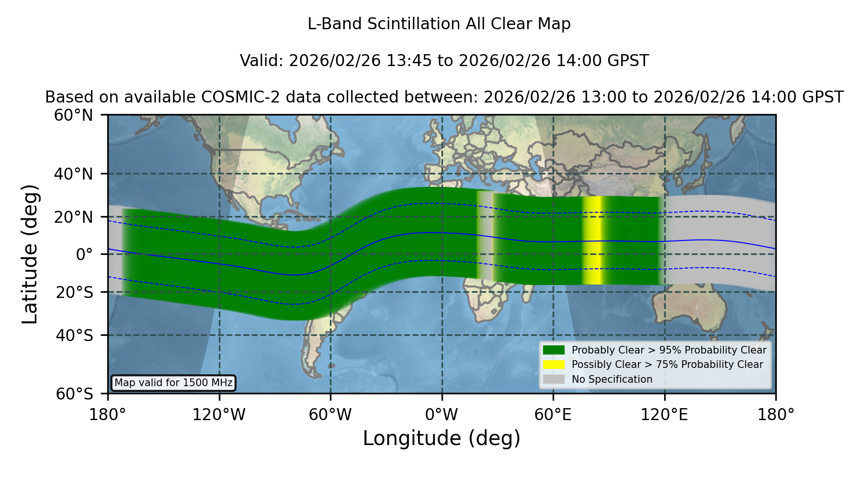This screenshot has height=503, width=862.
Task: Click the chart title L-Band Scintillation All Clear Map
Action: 439,24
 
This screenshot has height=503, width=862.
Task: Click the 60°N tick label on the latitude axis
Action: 74,115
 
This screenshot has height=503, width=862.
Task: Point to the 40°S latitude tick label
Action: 74,335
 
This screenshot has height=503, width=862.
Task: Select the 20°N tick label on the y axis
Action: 74,217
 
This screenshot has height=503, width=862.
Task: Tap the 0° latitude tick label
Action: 84,254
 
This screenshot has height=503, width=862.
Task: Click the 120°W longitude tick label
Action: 219,414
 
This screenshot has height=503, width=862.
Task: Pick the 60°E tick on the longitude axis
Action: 553,414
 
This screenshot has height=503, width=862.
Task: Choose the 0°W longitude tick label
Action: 442,414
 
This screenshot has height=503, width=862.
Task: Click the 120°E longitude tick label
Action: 664,414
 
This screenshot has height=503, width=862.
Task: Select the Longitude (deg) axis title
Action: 442,438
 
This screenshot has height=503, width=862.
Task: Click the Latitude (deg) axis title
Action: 30,254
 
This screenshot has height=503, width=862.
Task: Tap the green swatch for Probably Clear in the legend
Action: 554,350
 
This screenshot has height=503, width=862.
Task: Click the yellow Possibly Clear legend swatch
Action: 554,365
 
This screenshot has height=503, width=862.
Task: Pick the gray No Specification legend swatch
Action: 554,379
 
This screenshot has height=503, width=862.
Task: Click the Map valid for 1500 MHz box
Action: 173,383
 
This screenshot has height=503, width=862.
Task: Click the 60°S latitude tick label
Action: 74,394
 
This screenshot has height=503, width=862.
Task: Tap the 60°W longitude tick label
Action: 330,414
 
